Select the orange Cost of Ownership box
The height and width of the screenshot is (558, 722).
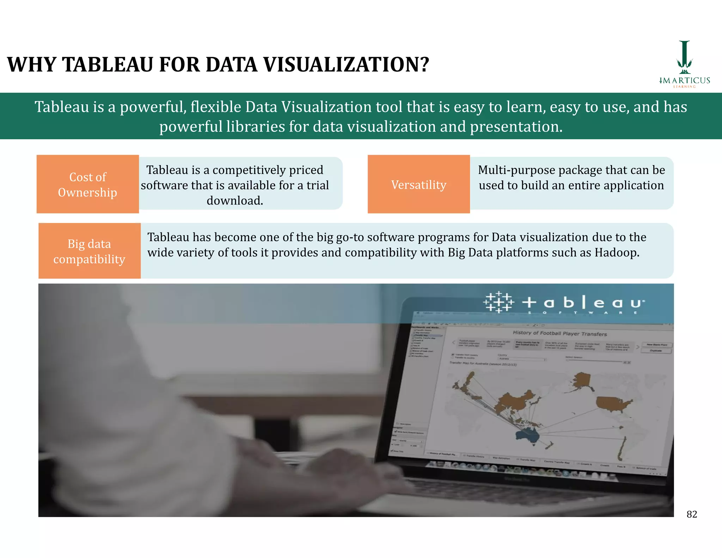[87, 184]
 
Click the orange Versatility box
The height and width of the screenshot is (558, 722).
[418, 184]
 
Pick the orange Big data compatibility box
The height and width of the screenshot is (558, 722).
[89, 251]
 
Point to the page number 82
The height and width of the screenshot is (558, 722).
[692, 514]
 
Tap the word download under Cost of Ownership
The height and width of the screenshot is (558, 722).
[234, 201]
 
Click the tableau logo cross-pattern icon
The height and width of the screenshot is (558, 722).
[498, 302]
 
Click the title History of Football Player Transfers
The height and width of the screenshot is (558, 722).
[559, 333]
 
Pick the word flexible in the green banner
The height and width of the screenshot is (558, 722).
[216, 107]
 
